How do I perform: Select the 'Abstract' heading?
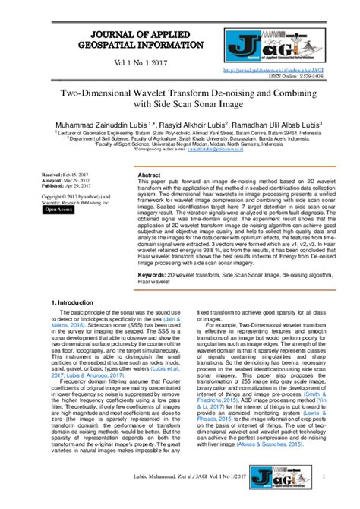[x=150, y=175]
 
